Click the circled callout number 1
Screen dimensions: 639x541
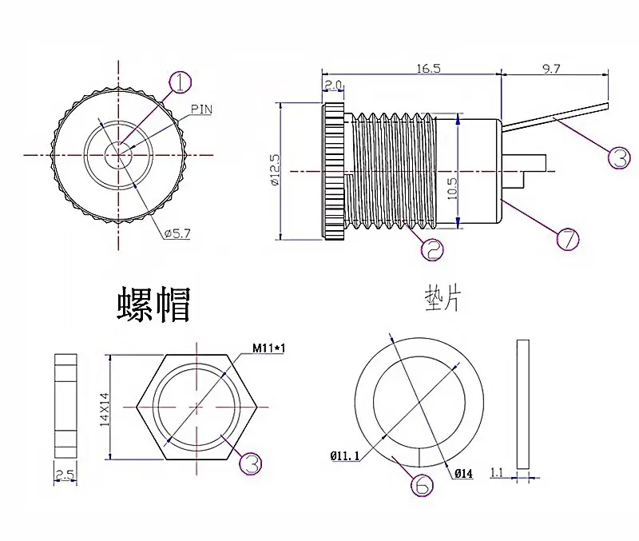point(180,82)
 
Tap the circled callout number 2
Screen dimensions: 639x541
point(432,249)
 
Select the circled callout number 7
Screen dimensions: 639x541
point(568,238)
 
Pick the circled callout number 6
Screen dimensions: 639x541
point(422,485)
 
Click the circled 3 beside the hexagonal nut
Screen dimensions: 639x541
point(251,463)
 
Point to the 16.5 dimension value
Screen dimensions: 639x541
point(428,68)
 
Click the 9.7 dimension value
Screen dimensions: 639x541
point(551,69)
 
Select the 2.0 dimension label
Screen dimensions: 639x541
point(332,85)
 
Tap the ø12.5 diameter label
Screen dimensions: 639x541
point(275,170)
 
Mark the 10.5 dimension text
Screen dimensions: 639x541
point(452,188)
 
